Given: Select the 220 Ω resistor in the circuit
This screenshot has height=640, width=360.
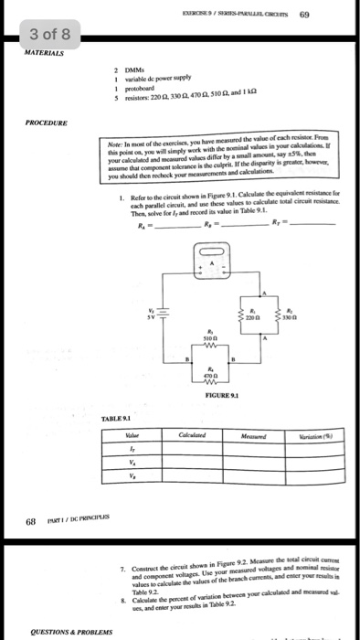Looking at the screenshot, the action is [x=242, y=315].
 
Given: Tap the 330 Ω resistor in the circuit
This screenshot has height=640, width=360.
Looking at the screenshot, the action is [x=281, y=315].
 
